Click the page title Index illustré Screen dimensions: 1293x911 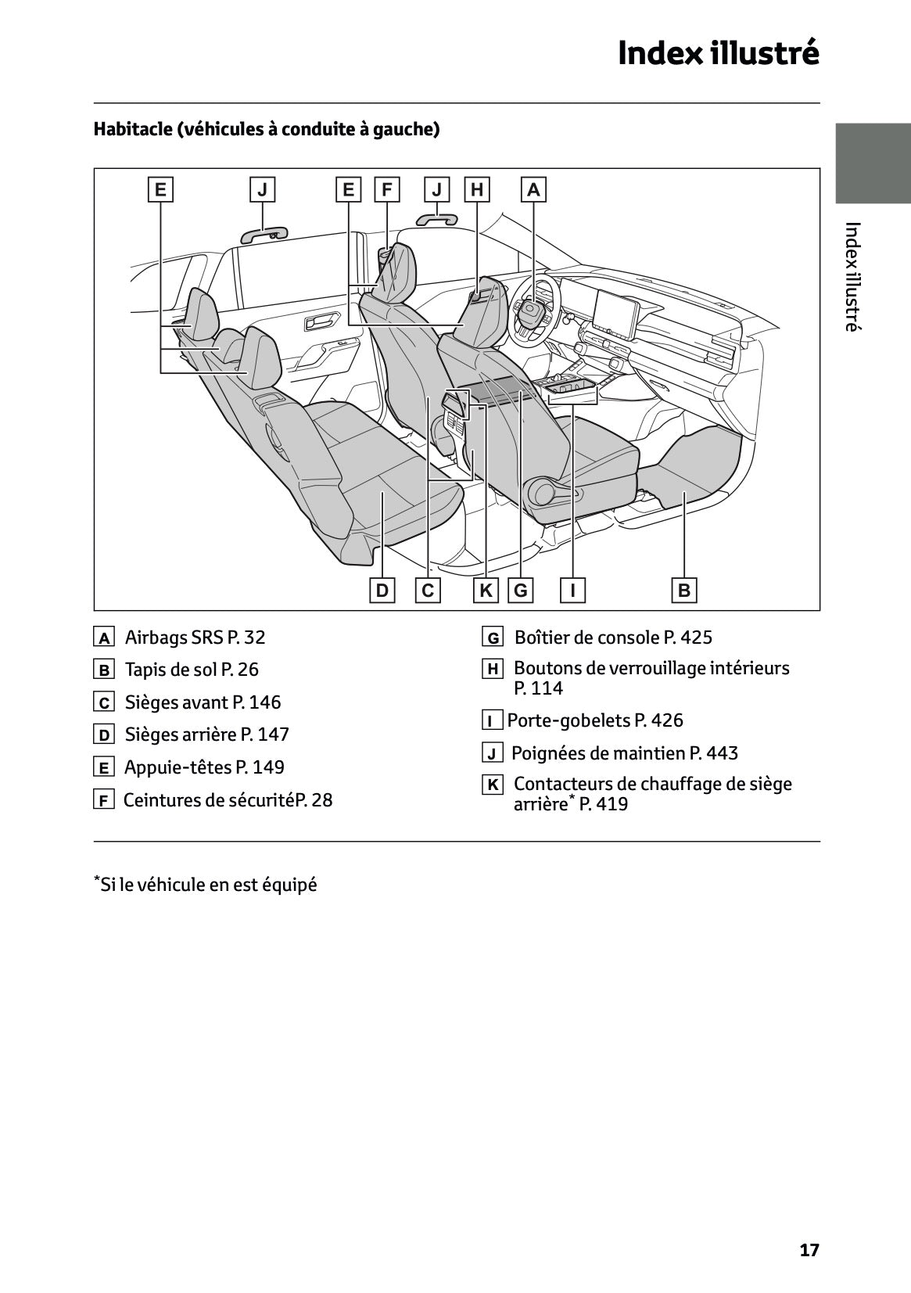point(718,53)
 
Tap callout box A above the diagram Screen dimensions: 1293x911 point(533,189)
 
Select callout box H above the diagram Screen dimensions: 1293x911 point(477,189)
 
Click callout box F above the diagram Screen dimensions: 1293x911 point(386,189)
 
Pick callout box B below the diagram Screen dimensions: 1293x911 point(684,590)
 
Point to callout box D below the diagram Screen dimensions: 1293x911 point(382,590)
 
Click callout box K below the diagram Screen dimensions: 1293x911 point(486,590)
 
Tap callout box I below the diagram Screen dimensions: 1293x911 point(573,590)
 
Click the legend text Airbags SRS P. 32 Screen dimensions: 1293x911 point(195,638)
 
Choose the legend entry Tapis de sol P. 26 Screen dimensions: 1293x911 point(192,670)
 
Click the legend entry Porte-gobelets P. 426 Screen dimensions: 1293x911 point(595,720)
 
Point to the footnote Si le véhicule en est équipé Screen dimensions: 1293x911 point(206,885)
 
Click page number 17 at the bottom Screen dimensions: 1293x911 point(809,1250)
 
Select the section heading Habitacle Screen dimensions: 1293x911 point(266,129)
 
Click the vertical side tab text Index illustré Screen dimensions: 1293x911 point(852,276)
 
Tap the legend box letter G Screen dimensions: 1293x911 point(493,638)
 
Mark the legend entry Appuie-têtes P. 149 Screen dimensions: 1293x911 point(204,767)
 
